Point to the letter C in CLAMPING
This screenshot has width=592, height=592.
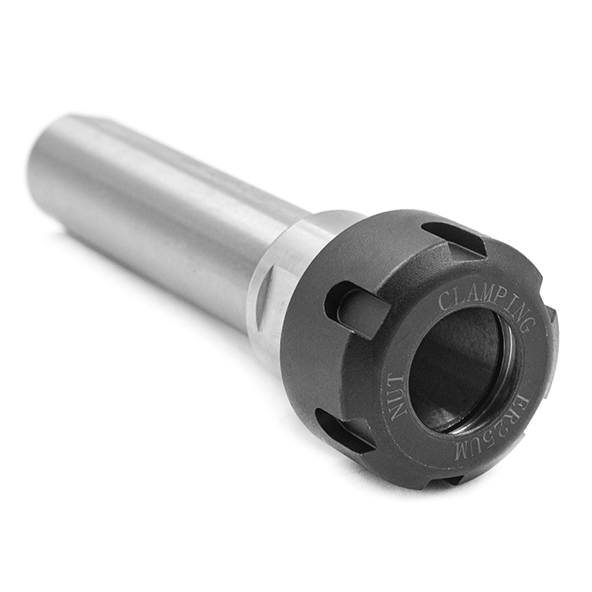[x=444, y=300]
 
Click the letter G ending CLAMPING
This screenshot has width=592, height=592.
[x=528, y=326]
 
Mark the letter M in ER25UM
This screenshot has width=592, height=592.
[x=463, y=452]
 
